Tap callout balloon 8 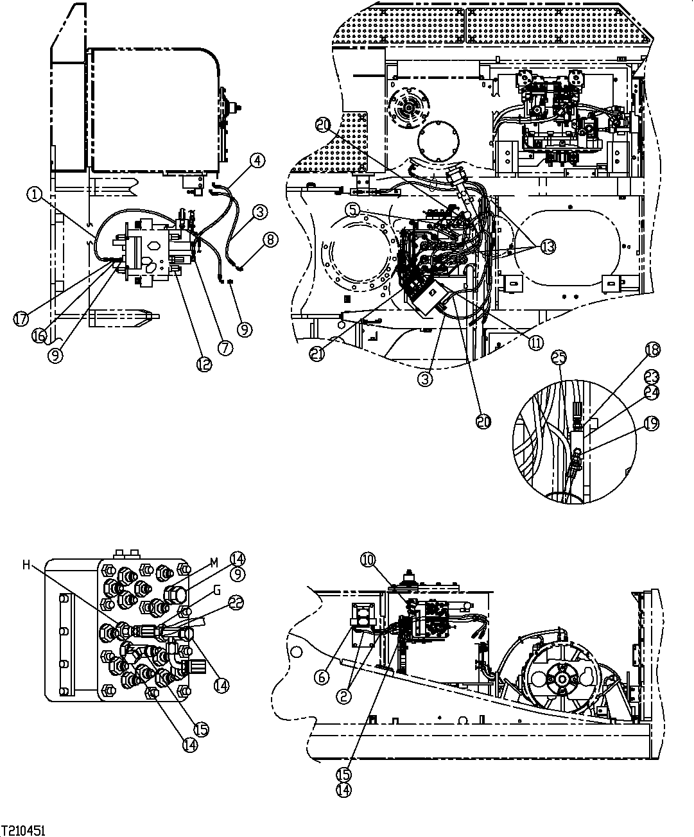[270, 240]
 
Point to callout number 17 [22, 319]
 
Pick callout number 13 [547, 247]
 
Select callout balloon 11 [535, 343]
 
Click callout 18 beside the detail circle [653, 350]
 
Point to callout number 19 [653, 423]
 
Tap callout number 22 [236, 603]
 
